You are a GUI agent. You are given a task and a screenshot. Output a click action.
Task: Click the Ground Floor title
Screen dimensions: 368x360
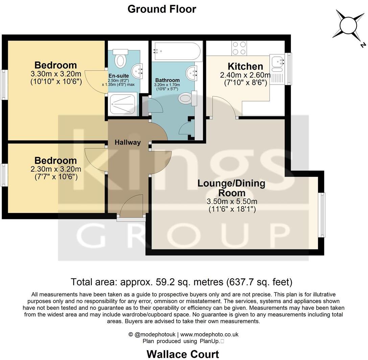pos(162,9)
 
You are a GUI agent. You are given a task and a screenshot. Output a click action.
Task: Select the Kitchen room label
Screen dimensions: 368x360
pos(245,66)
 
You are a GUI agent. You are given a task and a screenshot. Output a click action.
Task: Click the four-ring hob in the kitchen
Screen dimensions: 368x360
pos(239,48)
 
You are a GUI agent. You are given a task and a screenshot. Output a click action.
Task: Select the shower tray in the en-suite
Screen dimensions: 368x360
pos(122,104)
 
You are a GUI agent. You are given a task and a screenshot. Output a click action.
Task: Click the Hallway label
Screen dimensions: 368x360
pos(128,142)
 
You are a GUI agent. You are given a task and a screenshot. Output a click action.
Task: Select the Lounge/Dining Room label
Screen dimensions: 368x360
pos(231,188)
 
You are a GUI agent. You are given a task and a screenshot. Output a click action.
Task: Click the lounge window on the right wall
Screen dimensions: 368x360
pos(323,215)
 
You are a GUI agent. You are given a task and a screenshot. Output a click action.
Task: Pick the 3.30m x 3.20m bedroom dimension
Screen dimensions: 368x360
pos(56,74)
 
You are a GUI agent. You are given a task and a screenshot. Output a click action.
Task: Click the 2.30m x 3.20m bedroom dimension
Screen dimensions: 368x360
pos(56,169)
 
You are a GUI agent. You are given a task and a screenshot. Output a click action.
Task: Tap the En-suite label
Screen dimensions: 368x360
pos(118,76)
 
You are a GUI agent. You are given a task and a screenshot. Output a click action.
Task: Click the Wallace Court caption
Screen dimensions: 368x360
pos(183,354)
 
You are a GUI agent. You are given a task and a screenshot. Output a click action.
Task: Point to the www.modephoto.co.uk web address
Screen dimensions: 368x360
pos(209,334)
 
